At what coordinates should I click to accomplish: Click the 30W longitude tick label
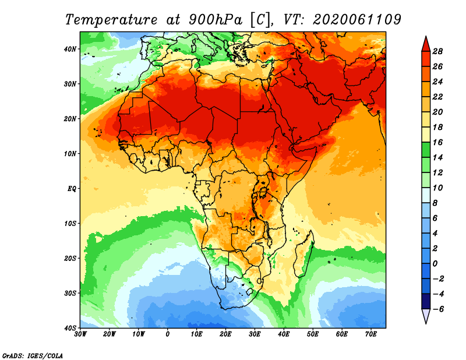coord(81,334)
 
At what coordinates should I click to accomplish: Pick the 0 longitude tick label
coord(168,334)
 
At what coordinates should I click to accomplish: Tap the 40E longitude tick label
coord(284,334)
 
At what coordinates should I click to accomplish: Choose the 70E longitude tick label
coord(370,334)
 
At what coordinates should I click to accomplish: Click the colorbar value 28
coord(438,51)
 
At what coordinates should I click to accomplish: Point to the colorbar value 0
coord(438,263)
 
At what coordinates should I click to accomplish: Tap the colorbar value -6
coord(438,309)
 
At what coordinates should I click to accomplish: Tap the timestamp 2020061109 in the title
coord(356,19)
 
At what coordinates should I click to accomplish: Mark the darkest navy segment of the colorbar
coord(425,301)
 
